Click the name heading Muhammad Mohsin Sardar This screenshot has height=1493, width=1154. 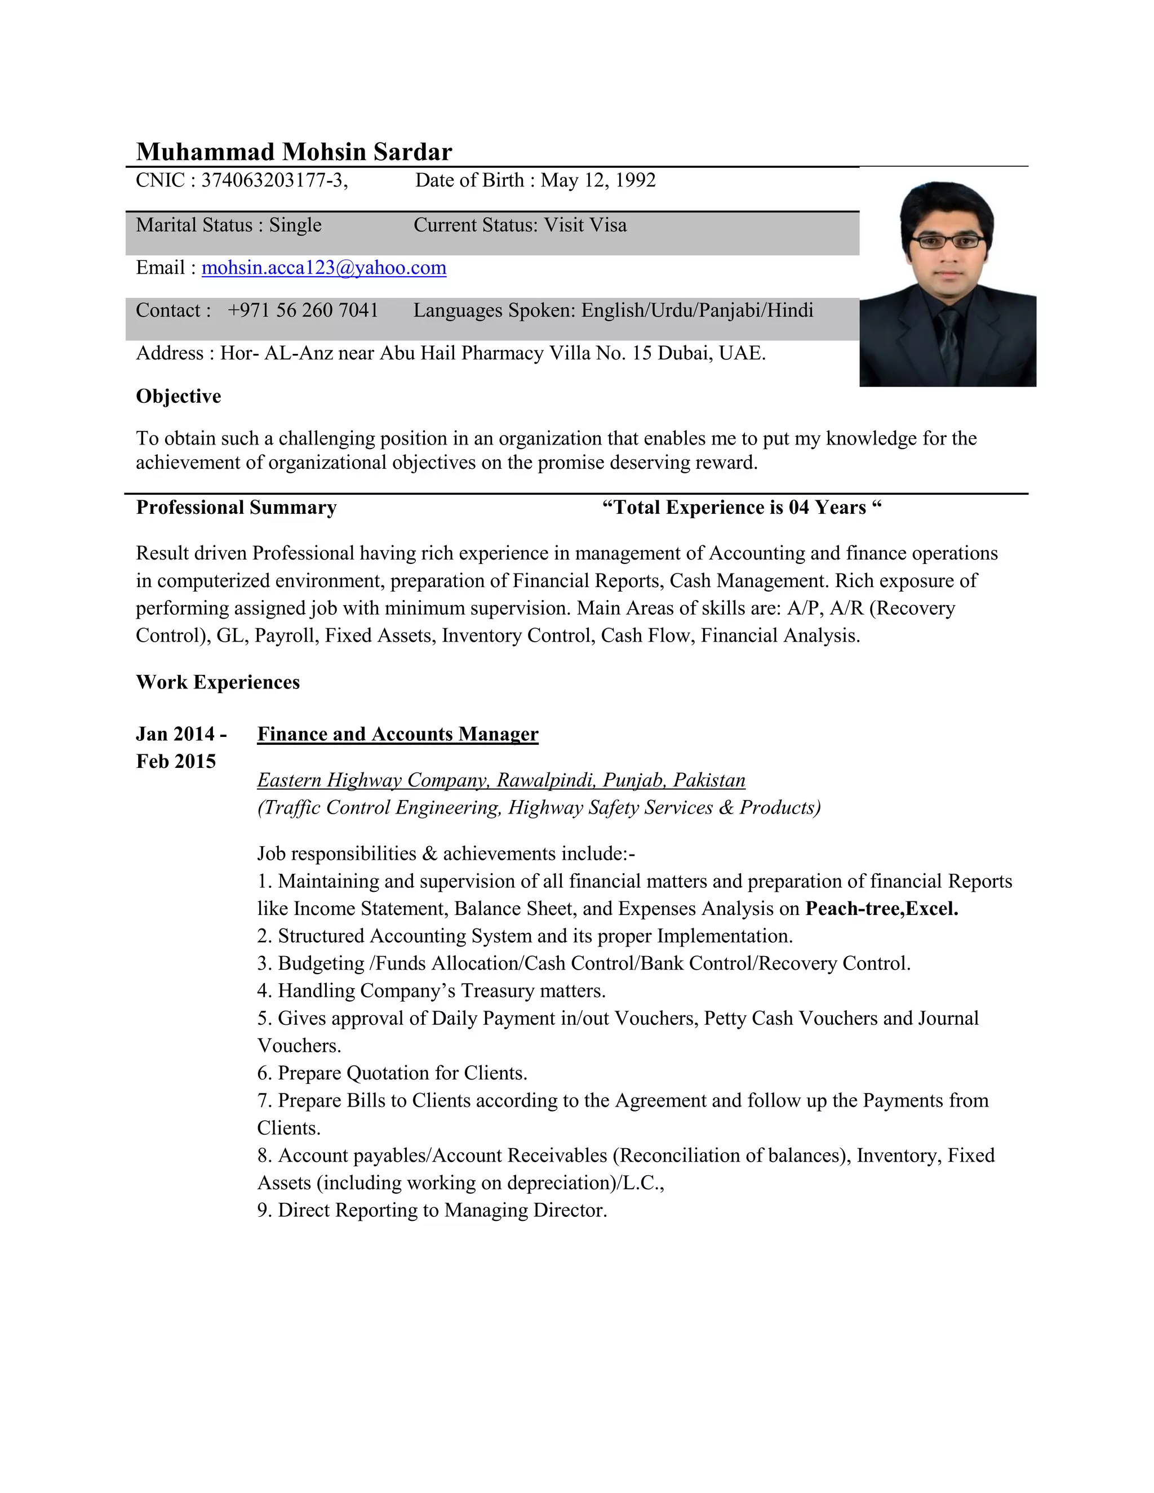coord(294,152)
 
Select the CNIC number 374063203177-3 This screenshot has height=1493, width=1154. coord(273,180)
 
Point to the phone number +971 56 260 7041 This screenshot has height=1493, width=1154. coord(303,310)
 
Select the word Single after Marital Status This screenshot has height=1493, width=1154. coord(295,225)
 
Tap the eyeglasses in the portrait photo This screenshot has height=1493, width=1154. coord(949,241)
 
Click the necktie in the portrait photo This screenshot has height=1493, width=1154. coord(949,335)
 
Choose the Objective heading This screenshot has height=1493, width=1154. coord(179,397)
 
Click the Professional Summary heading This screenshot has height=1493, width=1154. coord(236,507)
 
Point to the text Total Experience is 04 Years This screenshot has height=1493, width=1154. coord(742,507)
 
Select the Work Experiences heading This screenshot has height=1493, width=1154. coord(218,682)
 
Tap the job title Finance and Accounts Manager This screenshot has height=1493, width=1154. coord(397,734)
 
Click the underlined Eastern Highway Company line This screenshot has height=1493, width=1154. coord(501,780)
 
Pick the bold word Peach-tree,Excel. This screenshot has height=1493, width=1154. coord(881,909)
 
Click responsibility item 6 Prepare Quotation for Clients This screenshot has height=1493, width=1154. coord(392,1073)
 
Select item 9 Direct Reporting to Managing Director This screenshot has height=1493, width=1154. coord(432,1210)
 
